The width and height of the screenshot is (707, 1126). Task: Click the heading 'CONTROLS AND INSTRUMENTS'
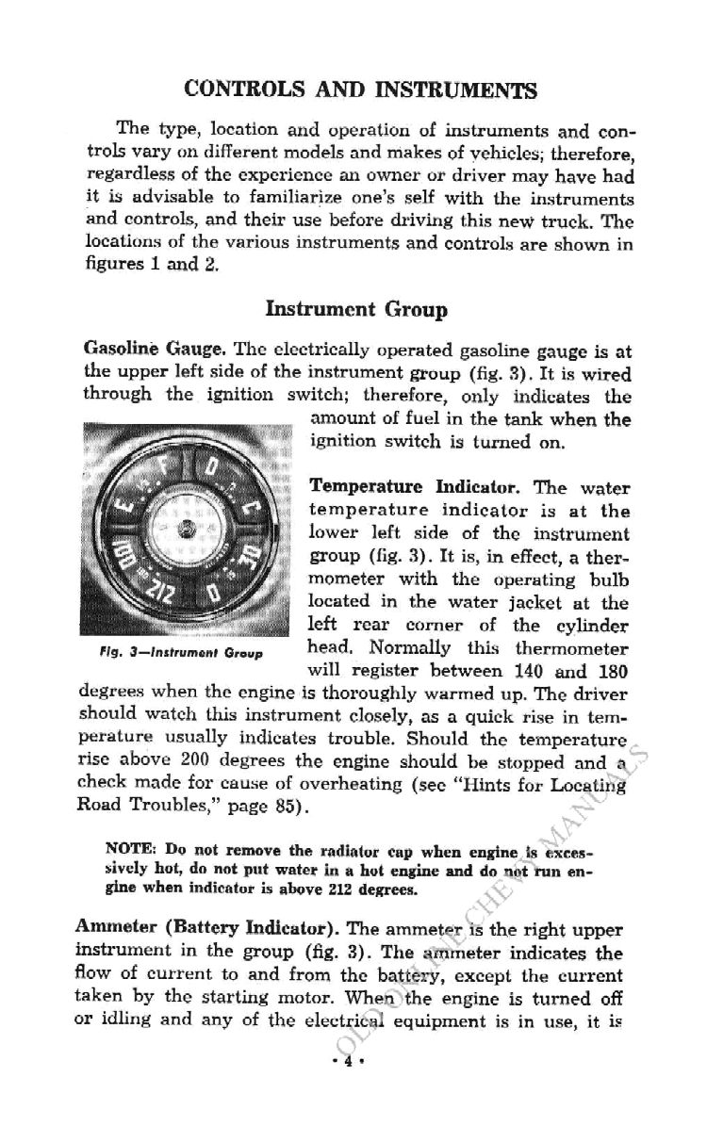pyautogui.click(x=361, y=90)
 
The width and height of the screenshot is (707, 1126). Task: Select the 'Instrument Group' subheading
pyautogui.click(x=356, y=309)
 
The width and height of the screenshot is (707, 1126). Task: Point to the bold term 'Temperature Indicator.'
pyautogui.click(x=417, y=489)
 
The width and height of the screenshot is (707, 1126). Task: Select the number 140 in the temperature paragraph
pyautogui.click(x=525, y=673)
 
